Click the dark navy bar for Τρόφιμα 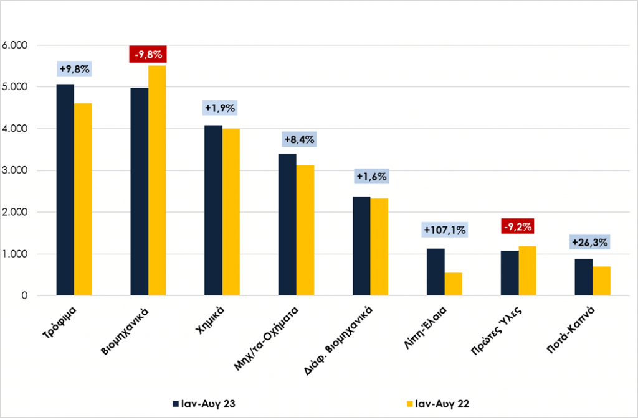pos(65,190)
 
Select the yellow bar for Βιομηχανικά pos(157,180)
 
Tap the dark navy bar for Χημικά pos(213,210)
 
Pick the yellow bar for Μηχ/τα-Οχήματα pos(305,230)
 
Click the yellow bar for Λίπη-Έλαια pos(454,284)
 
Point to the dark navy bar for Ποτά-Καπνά pos(583,277)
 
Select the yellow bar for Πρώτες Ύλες pos(527,271)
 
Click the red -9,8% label pos(148,54)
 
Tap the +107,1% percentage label pos(445,230)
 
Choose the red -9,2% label pos(518,226)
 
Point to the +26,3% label pos(589,243)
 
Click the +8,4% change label pos(300,139)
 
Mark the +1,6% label pos(371,176)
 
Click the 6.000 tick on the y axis pos(15,45)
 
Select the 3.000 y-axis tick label pos(15,170)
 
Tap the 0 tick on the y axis pos(24,295)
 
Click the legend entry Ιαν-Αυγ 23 pos(204,404)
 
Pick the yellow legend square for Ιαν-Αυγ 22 pos(410,404)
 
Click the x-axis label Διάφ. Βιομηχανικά pos(338,340)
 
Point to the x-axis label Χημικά pos(209,320)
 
